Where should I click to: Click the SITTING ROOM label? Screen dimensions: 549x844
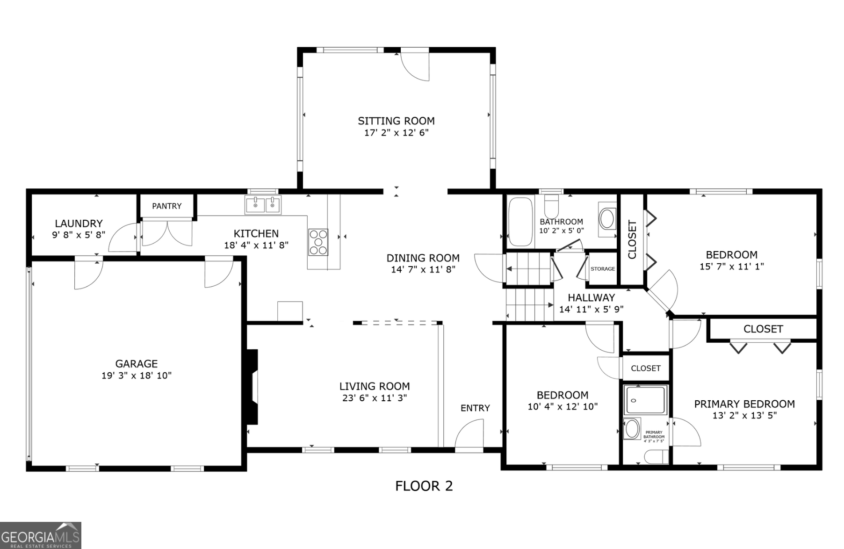396,121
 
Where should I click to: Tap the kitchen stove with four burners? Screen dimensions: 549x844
318,242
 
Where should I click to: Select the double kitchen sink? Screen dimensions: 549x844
263,205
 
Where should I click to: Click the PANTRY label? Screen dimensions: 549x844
166,206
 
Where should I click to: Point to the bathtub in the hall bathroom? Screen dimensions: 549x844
520,222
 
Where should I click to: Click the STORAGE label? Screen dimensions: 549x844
602,269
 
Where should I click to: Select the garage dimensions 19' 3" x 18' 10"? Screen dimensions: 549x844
137,376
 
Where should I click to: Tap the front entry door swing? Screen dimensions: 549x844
469,434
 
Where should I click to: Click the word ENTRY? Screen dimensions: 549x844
475,408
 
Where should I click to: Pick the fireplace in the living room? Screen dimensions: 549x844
253,387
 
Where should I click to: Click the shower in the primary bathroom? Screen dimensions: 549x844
645,400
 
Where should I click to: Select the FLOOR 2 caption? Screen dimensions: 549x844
424,486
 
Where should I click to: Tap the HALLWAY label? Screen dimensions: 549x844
591,298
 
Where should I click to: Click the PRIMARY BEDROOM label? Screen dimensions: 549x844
744,404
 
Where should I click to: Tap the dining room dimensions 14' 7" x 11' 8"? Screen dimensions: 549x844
423,269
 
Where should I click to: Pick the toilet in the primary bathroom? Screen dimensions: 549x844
656,456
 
